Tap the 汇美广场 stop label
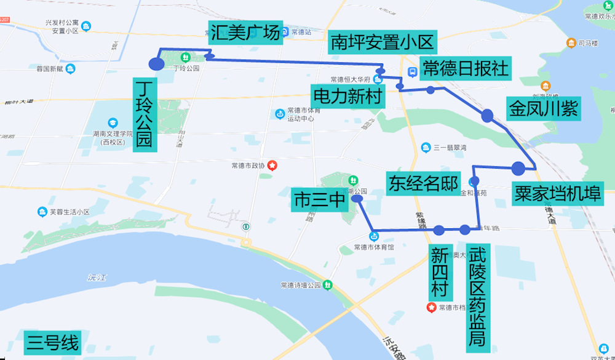[x=245, y=33]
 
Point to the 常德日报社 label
[x=466, y=68]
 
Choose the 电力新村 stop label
[x=348, y=96]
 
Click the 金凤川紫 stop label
[x=542, y=109]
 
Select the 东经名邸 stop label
[x=423, y=183]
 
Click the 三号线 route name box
[x=53, y=343]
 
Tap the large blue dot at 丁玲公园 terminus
[x=156, y=63]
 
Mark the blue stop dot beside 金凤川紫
[x=487, y=115]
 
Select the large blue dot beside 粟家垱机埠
[x=518, y=167]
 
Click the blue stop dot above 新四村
[x=438, y=231]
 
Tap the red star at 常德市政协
[x=271, y=165]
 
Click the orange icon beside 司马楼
[x=571, y=43]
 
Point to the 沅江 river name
[x=97, y=278]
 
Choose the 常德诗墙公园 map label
[x=301, y=286]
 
